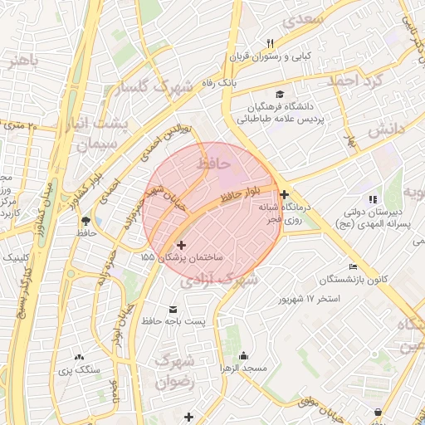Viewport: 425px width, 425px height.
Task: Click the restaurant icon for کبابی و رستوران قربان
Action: pos(270,43)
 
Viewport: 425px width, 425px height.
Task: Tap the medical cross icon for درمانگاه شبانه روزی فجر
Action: pos(285,194)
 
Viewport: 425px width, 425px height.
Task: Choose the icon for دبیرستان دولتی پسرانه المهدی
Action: pos(373,199)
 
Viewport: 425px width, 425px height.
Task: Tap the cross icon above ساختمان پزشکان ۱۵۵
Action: pos(181,245)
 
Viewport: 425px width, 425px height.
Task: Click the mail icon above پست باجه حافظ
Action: pos(173,307)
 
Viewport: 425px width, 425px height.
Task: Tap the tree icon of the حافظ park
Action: pos(85,221)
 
